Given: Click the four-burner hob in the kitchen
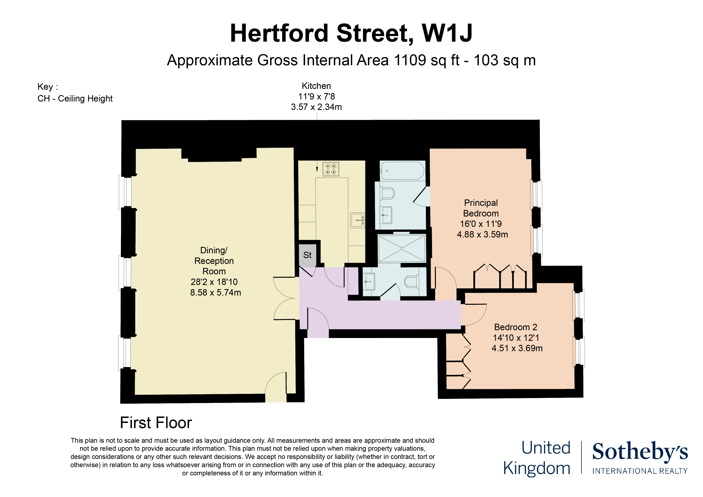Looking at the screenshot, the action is (331, 169).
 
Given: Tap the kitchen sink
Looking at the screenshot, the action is (357, 220).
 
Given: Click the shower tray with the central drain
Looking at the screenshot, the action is (402, 248).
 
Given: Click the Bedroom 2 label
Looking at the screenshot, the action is (516, 327).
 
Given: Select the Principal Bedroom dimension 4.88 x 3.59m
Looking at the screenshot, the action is (482, 234).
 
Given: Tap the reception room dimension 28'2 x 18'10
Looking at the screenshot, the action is (214, 282).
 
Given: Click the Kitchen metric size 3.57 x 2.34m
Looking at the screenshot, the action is (316, 107).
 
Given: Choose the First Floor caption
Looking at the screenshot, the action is (156, 423).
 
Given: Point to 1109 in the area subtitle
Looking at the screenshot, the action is (410, 60).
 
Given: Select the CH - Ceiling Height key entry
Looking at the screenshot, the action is (75, 99).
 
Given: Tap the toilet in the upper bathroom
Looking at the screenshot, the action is (387, 193).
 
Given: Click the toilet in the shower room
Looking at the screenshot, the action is (412, 282).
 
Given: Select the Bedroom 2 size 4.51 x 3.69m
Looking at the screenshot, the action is (517, 348).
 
